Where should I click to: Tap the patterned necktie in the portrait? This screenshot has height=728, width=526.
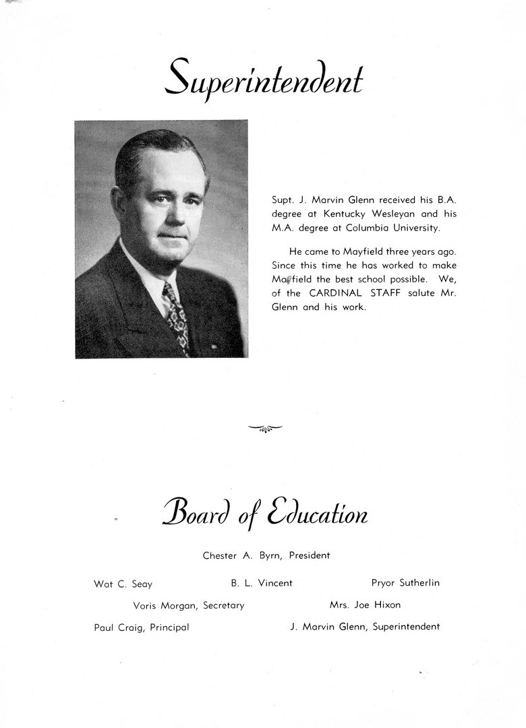(177, 320)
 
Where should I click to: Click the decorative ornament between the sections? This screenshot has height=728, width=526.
(265, 427)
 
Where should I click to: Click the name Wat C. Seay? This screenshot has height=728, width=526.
(123, 584)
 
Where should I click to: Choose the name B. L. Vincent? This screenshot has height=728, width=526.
(262, 583)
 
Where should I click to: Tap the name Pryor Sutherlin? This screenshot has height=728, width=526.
(405, 583)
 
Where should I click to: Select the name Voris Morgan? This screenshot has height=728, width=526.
(165, 605)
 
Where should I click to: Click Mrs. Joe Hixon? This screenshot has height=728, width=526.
(365, 605)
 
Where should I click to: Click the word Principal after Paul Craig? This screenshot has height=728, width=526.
(169, 627)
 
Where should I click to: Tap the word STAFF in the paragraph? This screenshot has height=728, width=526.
(385, 293)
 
